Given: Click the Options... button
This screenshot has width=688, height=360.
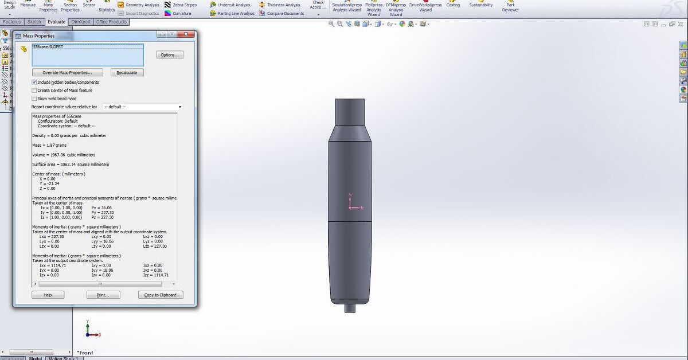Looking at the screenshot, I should click(x=169, y=55).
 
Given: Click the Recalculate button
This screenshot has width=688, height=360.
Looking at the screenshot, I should click(x=127, y=73).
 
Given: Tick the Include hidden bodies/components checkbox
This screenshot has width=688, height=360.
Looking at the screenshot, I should click(x=34, y=82).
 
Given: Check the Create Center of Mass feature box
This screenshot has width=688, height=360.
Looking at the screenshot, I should click(x=34, y=90).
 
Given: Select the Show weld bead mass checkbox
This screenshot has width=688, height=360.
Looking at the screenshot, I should click(x=34, y=98).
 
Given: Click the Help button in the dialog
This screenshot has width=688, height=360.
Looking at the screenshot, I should click(x=48, y=295).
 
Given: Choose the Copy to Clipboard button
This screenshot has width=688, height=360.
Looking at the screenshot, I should click(x=161, y=295).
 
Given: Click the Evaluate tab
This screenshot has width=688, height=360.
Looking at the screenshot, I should click(x=57, y=22).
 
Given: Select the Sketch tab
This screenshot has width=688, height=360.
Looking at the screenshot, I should click(x=34, y=22).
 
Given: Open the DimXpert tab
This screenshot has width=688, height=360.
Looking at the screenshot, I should click(x=80, y=22).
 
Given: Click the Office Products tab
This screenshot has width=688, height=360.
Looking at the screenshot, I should click(x=111, y=22).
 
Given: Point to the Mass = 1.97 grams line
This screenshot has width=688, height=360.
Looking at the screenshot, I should click(x=49, y=145).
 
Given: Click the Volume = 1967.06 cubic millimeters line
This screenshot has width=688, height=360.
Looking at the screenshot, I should click(x=64, y=155).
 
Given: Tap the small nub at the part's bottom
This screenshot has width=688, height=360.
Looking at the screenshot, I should click(x=350, y=308).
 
